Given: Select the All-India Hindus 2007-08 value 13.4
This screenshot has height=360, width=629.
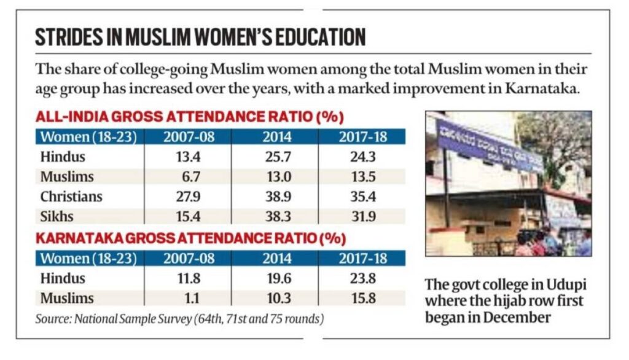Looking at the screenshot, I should [189, 157].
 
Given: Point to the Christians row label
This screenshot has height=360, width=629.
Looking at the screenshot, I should [71, 197].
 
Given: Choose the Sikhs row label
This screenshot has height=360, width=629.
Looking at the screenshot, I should [58, 216].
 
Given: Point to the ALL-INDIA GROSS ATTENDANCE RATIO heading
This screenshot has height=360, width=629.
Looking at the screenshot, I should [189, 117].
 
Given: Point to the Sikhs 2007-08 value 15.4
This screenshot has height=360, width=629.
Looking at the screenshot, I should [189, 216].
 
